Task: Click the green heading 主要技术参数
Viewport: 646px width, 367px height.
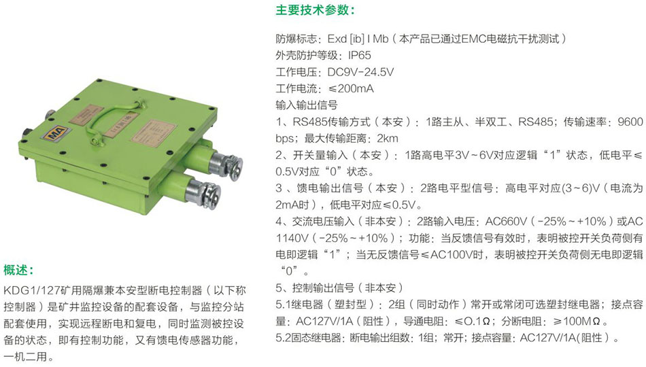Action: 312,10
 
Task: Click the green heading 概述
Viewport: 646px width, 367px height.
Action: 16,270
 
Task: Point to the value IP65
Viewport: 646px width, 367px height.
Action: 359,56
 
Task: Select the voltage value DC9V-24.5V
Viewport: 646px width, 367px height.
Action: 360,72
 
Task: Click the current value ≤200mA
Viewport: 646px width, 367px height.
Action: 351,88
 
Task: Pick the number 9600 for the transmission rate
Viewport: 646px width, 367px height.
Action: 630,122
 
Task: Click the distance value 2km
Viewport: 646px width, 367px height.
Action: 388,139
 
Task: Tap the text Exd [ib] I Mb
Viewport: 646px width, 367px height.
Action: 358,39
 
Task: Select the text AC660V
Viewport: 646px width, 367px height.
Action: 507,222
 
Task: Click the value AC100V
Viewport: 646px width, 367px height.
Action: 451,255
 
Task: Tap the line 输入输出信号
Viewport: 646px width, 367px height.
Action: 307,105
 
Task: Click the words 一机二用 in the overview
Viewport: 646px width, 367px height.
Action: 24,356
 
